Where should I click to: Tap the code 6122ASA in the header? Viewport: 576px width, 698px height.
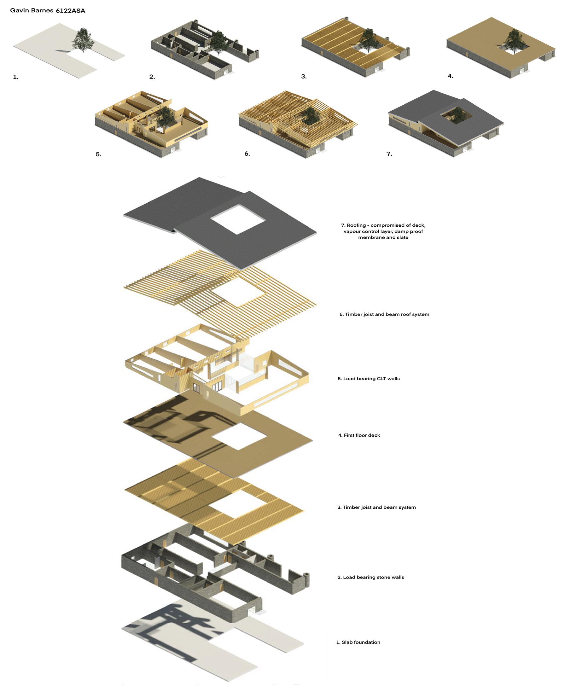coord(70,11)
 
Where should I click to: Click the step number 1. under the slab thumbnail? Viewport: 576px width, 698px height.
coord(15,77)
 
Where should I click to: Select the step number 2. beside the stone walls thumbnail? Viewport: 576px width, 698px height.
coord(152,77)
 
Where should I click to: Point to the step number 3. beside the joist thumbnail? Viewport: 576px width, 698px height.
coord(304,76)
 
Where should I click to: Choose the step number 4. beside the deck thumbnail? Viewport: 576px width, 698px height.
coord(450,76)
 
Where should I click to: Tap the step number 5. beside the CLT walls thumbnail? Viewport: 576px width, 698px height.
coord(99,154)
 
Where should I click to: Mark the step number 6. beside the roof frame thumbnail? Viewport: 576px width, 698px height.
coord(247,154)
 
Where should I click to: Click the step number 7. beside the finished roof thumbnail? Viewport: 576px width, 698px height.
coord(389,154)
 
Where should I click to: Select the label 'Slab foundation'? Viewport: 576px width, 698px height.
coord(361,642)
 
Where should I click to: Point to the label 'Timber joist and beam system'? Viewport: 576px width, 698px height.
coord(379,507)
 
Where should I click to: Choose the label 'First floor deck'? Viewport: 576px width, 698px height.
coord(362,435)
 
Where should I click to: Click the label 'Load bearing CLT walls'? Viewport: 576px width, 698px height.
coord(371,379)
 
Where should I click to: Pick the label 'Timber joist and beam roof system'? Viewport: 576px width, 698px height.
coord(387,314)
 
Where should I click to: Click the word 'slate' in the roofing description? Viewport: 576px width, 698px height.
coord(402,237)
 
